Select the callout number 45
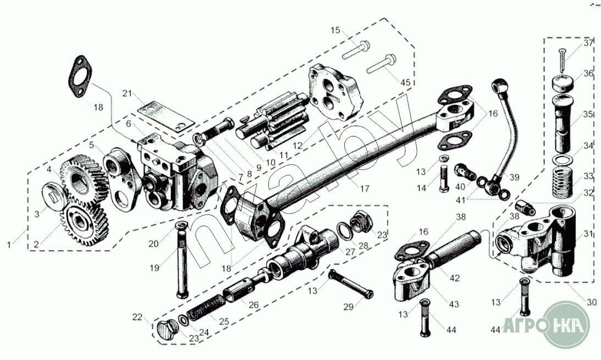coord(405,82)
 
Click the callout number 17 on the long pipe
coord(365,188)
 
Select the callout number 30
coord(592,302)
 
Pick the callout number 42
coord(454,278)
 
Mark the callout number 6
coord(128,124)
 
